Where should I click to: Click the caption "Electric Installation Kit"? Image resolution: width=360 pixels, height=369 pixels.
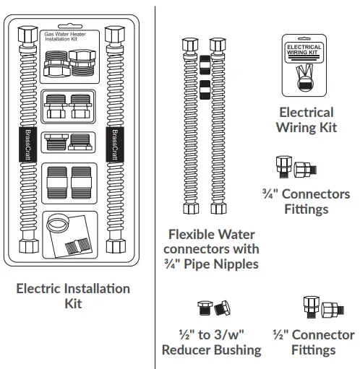point(73,296)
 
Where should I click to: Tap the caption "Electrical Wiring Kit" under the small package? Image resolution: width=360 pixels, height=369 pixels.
point(306,120)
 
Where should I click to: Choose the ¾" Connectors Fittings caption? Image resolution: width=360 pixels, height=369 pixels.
point(306,201)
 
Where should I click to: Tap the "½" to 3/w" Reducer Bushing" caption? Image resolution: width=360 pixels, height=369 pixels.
point(210,342)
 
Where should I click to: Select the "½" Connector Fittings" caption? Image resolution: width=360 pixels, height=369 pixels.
point(313,342)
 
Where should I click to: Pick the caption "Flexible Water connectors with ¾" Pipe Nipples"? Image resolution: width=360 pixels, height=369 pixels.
point(213,249)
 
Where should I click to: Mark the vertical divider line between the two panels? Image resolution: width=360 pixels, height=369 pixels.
point(155,181)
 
